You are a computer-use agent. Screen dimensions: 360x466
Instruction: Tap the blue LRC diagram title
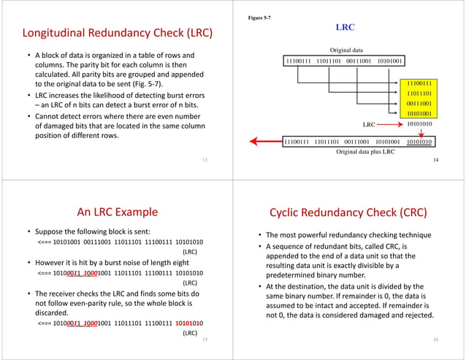pos(345,27)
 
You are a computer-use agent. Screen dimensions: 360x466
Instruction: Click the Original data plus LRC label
pos(365,151)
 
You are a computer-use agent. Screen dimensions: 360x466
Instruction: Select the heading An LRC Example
pos(117,212)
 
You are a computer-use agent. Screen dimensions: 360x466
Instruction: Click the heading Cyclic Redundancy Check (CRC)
pos(348,212)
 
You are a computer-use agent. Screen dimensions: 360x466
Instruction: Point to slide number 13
pos(203,158)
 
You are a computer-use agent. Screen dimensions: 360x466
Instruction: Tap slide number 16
pos(435,340)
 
